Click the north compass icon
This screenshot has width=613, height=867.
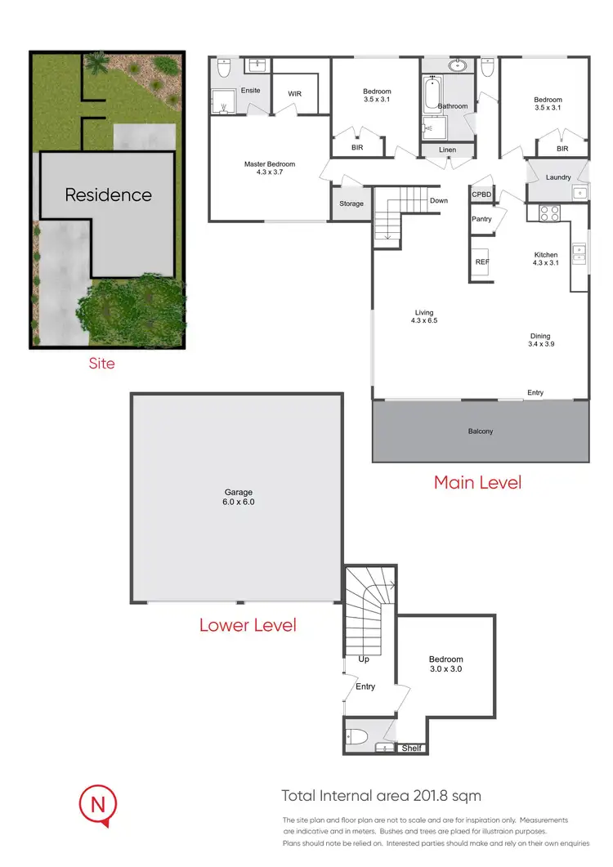click(98, 805)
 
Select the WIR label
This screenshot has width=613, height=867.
click(294, 94)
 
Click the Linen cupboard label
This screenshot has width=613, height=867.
click(447, 150)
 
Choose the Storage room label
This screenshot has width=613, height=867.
click(351, 203)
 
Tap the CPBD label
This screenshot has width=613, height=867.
click(481, 195)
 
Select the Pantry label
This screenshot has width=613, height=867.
click(481, 219)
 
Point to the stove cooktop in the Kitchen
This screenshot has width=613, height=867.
click(548, 213)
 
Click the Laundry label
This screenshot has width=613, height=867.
click(557, 177)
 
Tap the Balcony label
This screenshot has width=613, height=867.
click(481, 431)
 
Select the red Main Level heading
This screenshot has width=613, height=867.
click(477, 482)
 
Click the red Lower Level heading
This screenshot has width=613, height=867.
click(248, 625)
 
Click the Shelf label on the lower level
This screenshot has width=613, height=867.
click(410, 748)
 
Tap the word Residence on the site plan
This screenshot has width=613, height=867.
click(108, 195)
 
